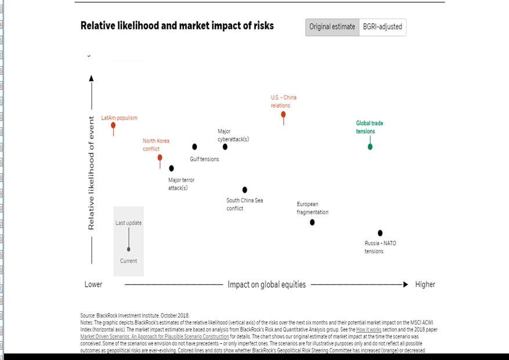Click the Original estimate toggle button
point(332,27)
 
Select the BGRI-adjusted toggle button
point(382,27)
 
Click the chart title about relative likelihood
point(177,26)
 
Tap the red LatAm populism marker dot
point(113,125)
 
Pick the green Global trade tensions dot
point(370,147)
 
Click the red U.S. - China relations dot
point(283,114)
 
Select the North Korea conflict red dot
point(160,157)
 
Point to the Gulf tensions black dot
point(194,147)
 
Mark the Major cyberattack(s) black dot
point(225,147)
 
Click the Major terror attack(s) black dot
point(171,168)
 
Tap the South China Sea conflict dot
point(245,190)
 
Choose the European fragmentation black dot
point(312,222)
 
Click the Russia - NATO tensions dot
point(380,233)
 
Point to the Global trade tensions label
point(369,127)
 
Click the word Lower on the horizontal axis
point(93,285)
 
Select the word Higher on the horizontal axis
point(425,285)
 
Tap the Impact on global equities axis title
point(266,285)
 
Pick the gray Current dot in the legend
point(129,249)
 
